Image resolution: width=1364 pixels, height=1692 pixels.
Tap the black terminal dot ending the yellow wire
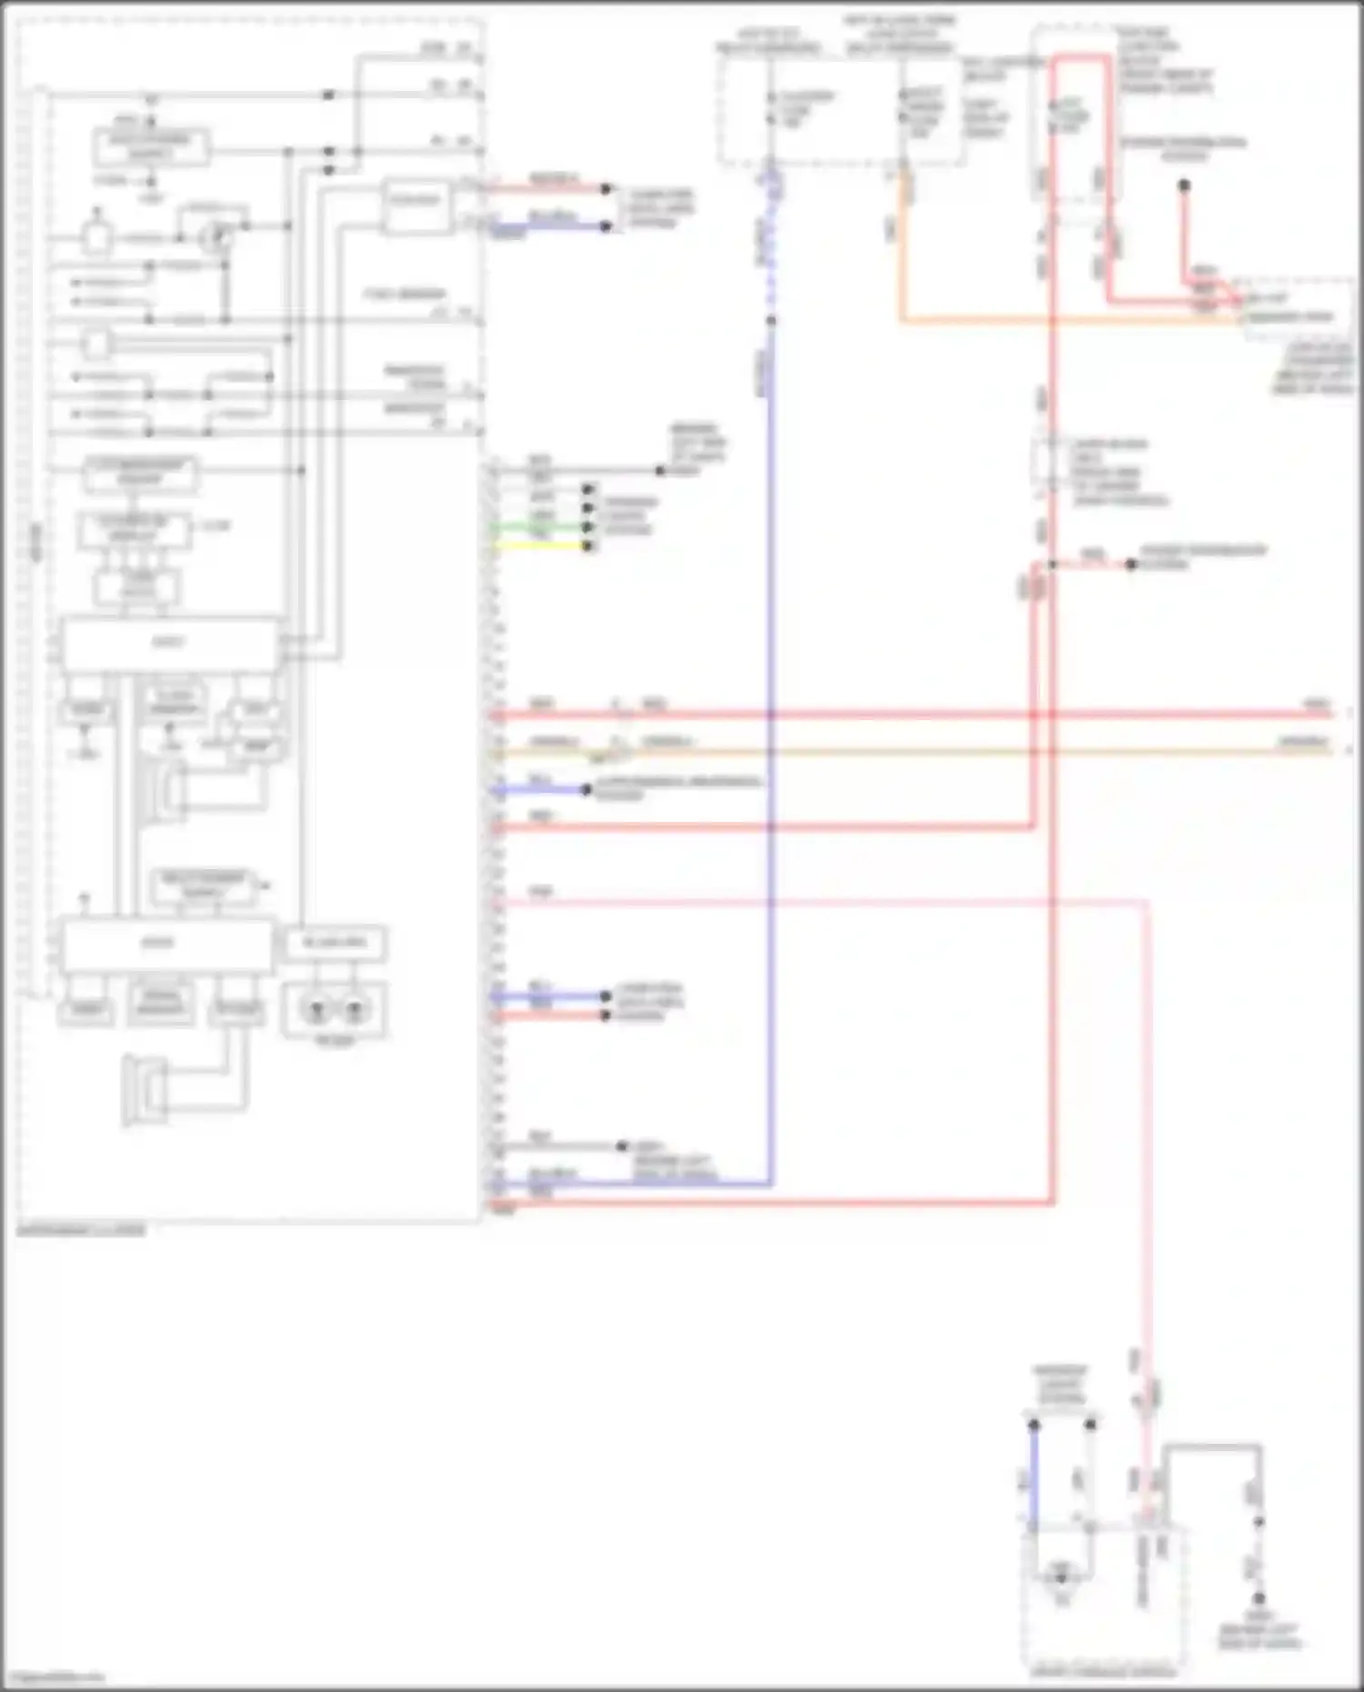(587, 546)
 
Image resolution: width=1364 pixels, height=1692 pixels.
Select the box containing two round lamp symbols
(335, 1009)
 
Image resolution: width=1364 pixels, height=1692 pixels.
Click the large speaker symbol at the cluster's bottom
(145, 1091)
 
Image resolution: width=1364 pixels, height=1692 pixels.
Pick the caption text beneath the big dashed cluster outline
(81, 1231)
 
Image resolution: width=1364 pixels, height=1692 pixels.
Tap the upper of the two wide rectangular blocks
(170, 644)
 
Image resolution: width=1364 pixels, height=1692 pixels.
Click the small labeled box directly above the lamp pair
(335, 943)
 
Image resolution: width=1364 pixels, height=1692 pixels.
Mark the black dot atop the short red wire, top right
(1184, 185)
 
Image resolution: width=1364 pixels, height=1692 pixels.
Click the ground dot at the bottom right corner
(1259, 1598)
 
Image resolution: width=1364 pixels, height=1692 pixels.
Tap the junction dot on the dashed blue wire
(770, 320)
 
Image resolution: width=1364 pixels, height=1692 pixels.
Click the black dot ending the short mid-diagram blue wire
(587, 789)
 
